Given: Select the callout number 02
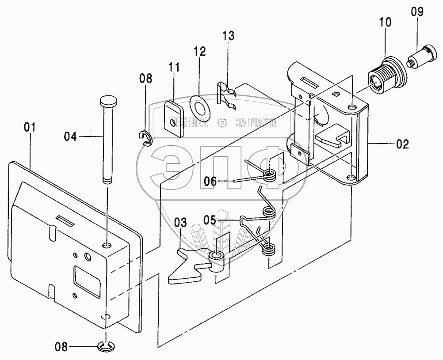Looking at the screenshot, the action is (x=402, y=144).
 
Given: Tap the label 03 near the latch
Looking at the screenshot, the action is (x=180, y=223).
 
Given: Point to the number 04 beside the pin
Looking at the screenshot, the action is (x=70, y=137).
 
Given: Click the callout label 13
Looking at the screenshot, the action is (x=228, y=36).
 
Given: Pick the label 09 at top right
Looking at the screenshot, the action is (x=417, y=12).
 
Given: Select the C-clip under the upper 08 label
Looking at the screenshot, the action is (x=146, y=139).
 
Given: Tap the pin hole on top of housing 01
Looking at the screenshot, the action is (x=107, y=245).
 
